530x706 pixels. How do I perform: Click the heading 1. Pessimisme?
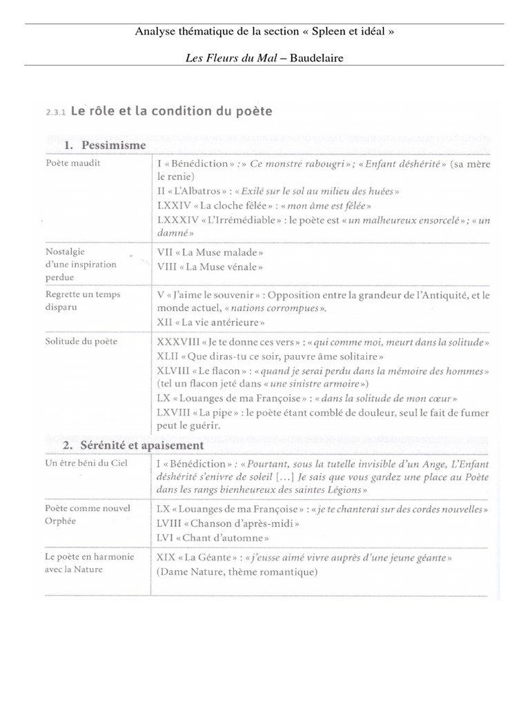pyautogui.click(x=105, y=145)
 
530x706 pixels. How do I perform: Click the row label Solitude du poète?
pyautogui.click(x=81, y=341)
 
